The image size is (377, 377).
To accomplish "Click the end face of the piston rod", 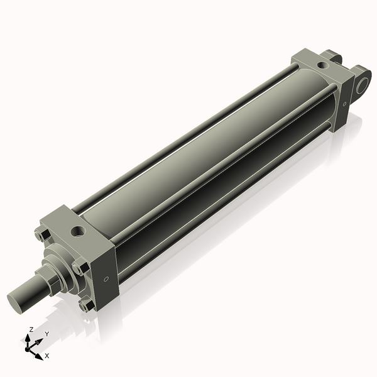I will tap(18, 298).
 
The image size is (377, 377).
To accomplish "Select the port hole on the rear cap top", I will tap(322, 64).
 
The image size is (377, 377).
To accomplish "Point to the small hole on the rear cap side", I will tap(344, 105).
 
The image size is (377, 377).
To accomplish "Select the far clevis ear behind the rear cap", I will tap(333, 58).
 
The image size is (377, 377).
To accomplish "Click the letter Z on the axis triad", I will tap(31, 329).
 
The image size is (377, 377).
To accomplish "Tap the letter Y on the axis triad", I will tap(46, 334).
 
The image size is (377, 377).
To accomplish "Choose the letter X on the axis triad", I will tap(47, 356).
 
